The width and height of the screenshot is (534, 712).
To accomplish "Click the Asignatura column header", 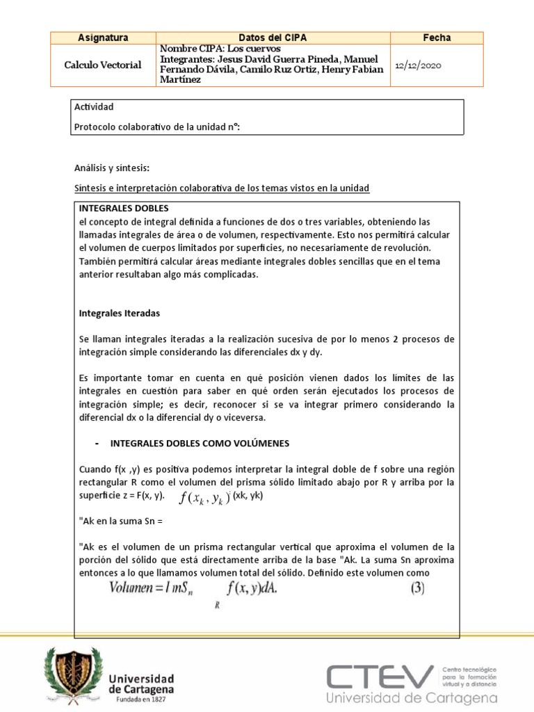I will tap(103, 38).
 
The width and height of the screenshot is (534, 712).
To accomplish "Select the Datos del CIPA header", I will tap(273, 38).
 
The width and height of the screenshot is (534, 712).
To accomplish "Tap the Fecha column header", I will tap(437, 38).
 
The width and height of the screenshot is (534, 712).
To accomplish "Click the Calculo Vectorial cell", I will tap(103, 65).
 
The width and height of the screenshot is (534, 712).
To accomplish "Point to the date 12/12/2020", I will tap(417, 65).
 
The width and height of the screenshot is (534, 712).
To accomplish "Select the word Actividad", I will tap(93, 107).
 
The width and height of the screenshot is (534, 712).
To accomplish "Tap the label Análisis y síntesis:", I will tap(111, 168).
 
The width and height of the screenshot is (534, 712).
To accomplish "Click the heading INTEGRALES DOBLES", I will tap(124, 208).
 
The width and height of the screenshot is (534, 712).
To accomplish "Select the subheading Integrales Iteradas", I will tap(119, 314).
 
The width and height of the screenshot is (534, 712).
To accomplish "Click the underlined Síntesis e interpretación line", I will tap(221, 188).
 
